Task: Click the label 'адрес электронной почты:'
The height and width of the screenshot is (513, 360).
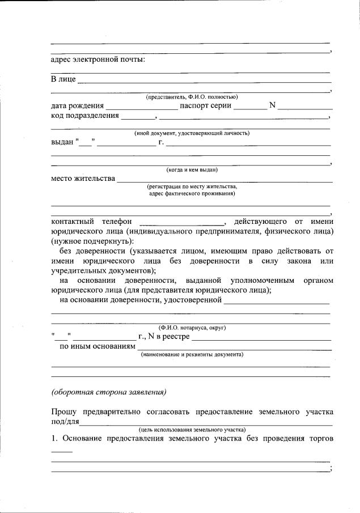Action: (x=98, y=60)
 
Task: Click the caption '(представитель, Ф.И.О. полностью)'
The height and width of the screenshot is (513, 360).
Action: (x=192, y=97)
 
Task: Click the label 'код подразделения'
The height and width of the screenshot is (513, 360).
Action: (x=85, y=116)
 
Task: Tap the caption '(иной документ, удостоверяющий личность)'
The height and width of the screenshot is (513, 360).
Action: (x=192, y=133)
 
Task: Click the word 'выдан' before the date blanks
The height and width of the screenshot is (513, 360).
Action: (x=62, y=142)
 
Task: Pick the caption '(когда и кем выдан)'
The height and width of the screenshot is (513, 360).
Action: (x=192, y=169)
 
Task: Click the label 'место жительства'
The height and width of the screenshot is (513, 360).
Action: (x=83, y=179)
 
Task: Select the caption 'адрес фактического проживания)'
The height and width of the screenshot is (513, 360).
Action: (x=192, y=193)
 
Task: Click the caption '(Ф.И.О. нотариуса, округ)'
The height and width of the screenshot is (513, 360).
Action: (x=192, y=328)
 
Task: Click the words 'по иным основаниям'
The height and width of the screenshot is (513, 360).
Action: (x=98, y=346)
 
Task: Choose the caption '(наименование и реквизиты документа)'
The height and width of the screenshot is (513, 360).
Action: (x=192, y=354)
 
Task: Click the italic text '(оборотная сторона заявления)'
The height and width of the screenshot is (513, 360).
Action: (x=108, y=392)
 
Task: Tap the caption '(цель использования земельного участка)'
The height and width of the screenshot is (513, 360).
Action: (x=192, y=430)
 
